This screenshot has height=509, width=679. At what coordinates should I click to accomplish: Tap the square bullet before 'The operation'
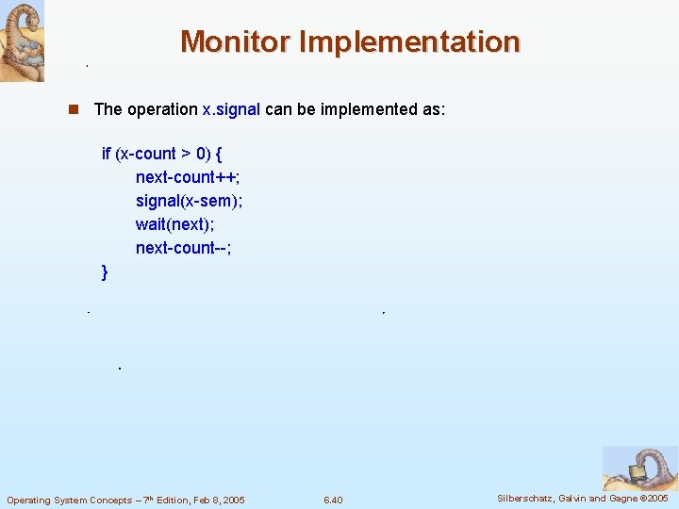coord(73,109)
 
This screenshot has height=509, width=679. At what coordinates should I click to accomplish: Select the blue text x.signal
coord(231,109)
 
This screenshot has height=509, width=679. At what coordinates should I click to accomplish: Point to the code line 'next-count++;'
coord(187,177)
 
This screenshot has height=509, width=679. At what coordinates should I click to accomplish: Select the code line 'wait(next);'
coord(175,224)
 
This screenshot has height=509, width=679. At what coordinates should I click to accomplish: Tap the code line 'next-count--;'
coord(183,248)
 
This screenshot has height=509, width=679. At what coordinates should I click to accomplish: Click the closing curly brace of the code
coord(105,272)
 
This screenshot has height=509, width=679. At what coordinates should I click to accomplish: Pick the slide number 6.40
coord(333,500)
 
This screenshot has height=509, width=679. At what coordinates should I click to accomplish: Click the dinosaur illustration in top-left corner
coord(22,41)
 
